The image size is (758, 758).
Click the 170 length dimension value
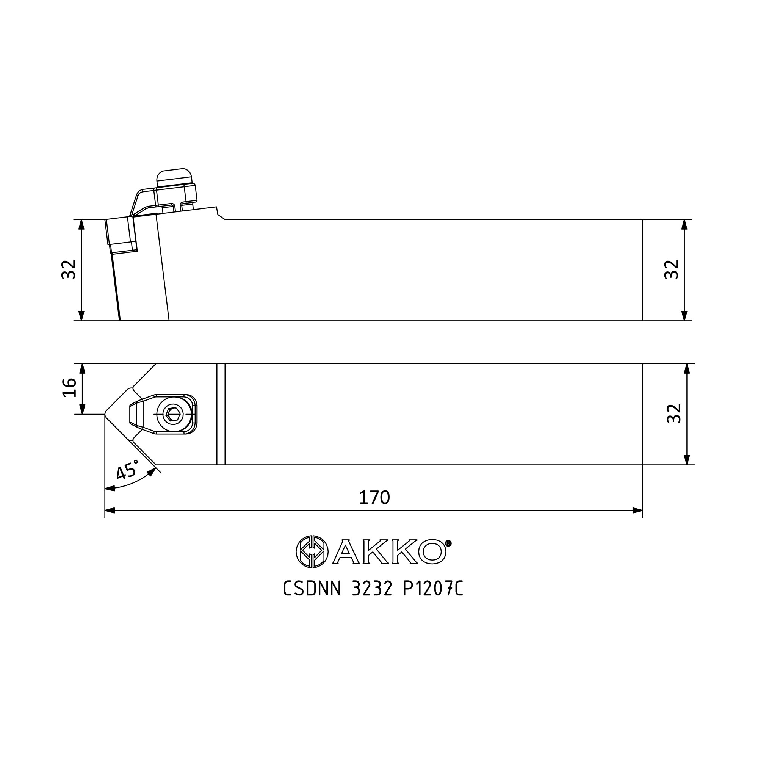point(374,498)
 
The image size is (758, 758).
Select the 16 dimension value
point(69,388)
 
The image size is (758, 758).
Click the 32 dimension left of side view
point(69,269)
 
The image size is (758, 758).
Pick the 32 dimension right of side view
point(671,269)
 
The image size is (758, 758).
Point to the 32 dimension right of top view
point(674,413)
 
